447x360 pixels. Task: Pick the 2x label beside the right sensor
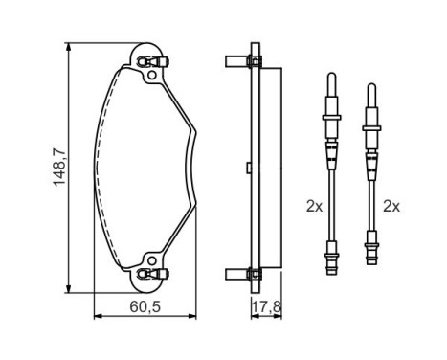391,206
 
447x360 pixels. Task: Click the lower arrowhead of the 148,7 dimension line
69,287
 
